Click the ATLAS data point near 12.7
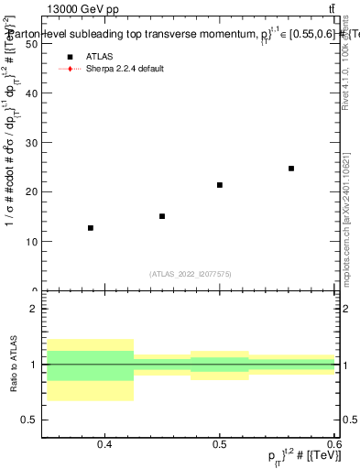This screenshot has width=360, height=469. [x=90, y=228]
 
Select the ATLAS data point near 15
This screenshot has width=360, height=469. [x=162, y=216]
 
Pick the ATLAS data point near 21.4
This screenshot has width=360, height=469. [x=220, y=185]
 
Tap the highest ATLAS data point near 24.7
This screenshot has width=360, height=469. [x=291, y=169]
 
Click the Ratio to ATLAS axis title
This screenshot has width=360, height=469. [x=14, y=365]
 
